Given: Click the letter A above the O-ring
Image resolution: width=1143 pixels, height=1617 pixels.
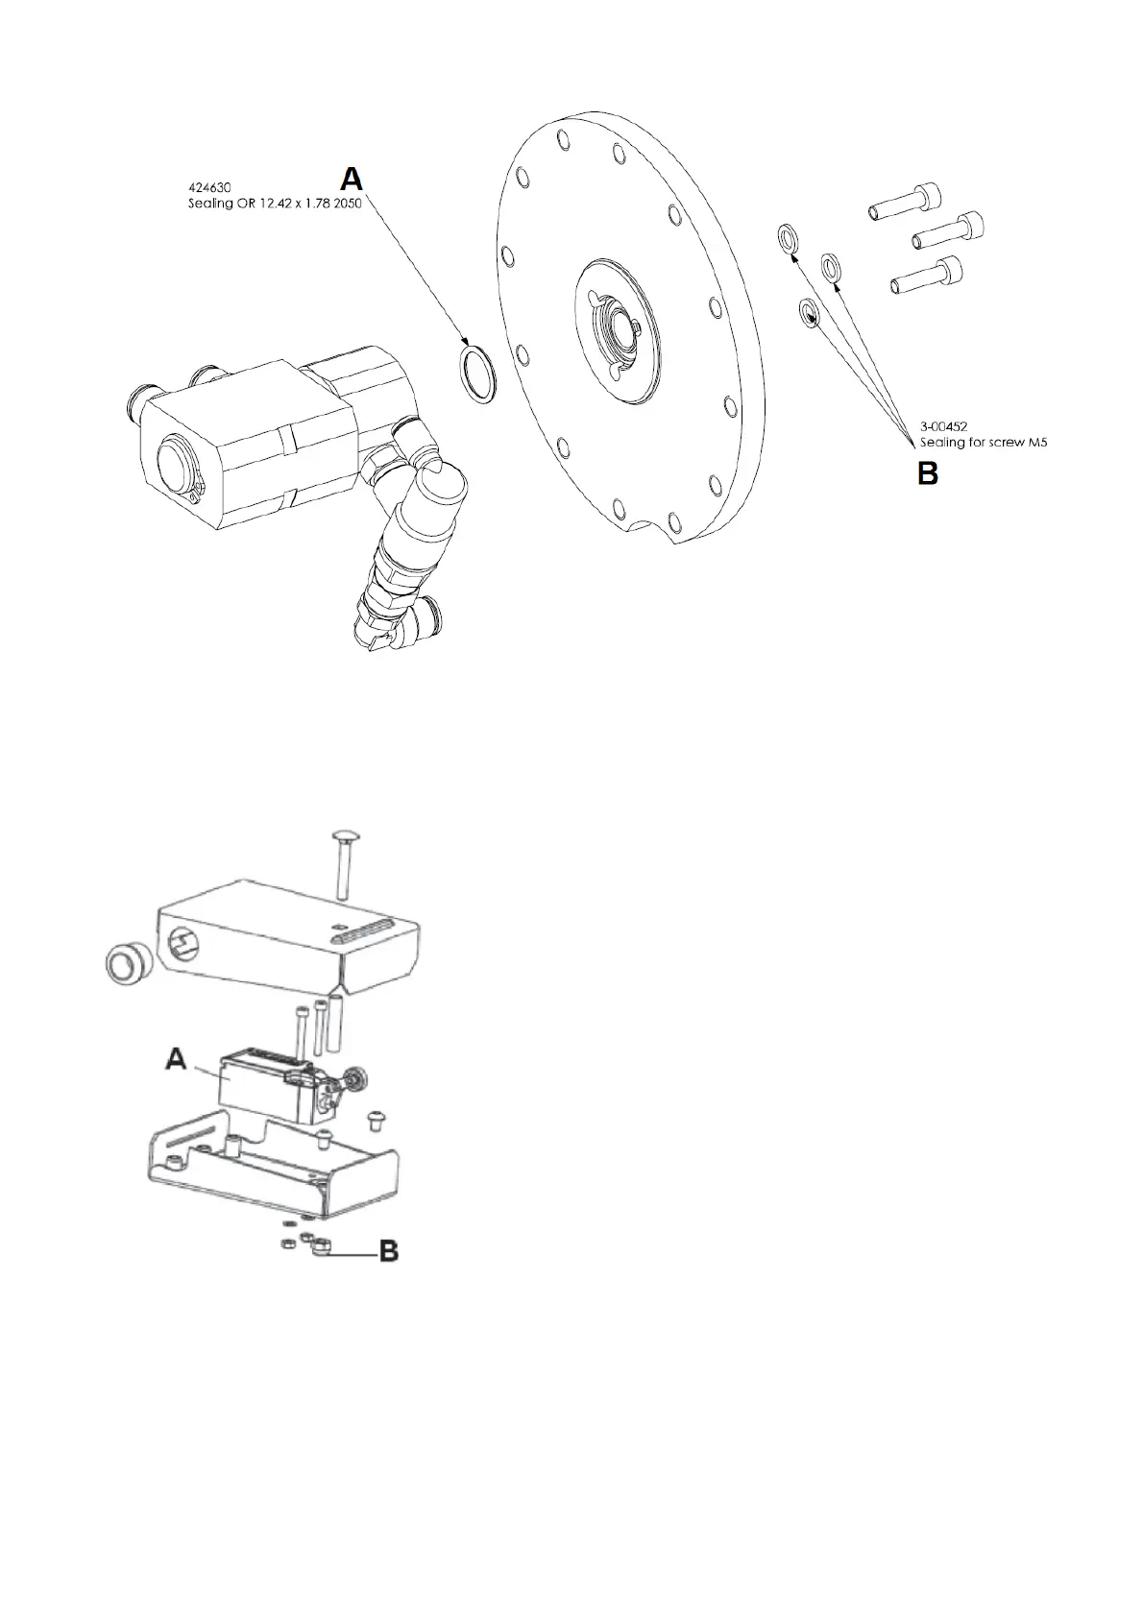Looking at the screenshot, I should click(353, 179).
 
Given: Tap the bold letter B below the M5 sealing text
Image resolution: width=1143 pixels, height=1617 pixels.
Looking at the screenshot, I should click(927, 472).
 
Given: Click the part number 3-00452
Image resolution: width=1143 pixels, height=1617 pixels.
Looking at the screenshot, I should click(943, 427).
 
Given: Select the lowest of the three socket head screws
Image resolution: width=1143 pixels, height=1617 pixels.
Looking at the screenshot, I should click(927, 277).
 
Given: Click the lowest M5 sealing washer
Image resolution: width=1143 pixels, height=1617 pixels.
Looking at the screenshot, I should click(809, 312).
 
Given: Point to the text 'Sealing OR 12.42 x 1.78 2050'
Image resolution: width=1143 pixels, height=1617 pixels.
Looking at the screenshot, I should click(274, 204).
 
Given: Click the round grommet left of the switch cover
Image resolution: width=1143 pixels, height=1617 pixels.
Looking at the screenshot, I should click(125, 963).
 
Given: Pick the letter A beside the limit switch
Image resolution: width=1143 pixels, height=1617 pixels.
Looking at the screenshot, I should click(176, 1059).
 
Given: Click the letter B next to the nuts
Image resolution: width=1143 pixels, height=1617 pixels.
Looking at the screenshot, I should click(389, 1251).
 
